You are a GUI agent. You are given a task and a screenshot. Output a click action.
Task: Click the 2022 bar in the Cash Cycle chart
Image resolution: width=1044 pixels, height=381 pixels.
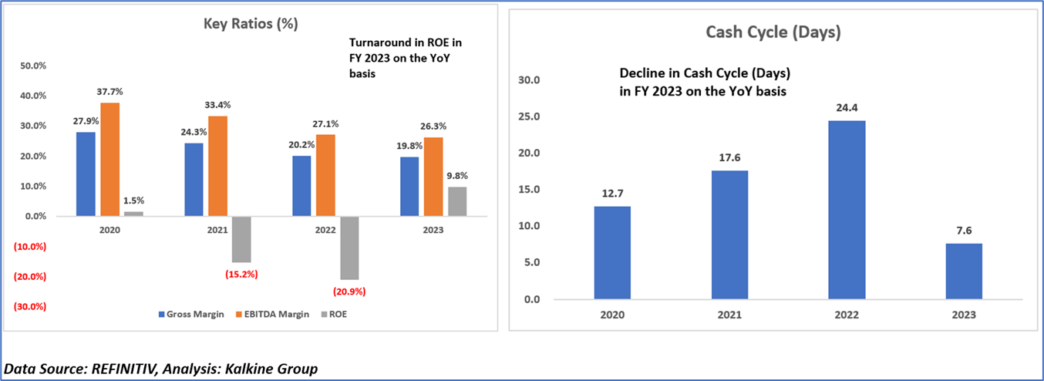point(847,209)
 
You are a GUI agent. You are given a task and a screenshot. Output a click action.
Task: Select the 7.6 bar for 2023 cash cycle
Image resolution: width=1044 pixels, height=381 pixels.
point(964,271)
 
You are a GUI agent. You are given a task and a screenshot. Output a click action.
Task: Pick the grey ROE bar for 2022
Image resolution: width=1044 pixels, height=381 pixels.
point(350,248)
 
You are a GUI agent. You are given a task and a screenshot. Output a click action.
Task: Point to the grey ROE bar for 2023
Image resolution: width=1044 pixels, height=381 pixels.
point(457,201)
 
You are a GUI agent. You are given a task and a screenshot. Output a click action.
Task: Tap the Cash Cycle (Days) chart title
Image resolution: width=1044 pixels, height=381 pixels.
point(773,32)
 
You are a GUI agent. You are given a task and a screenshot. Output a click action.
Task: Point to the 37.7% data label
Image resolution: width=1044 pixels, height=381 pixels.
point(110,92)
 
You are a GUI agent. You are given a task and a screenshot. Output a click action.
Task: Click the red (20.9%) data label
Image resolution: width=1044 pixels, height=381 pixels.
point(349,292)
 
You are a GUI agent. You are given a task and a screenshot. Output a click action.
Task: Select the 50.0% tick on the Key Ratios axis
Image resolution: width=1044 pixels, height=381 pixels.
point(32,66)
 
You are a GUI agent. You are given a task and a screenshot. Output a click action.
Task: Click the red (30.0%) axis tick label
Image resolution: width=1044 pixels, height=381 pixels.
point(30,306)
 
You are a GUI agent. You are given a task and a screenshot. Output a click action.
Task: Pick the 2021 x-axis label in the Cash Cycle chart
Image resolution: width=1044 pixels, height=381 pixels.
point(729,315)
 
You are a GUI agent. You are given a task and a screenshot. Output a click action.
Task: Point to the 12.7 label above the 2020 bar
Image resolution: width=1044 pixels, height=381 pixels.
point(612,194)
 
